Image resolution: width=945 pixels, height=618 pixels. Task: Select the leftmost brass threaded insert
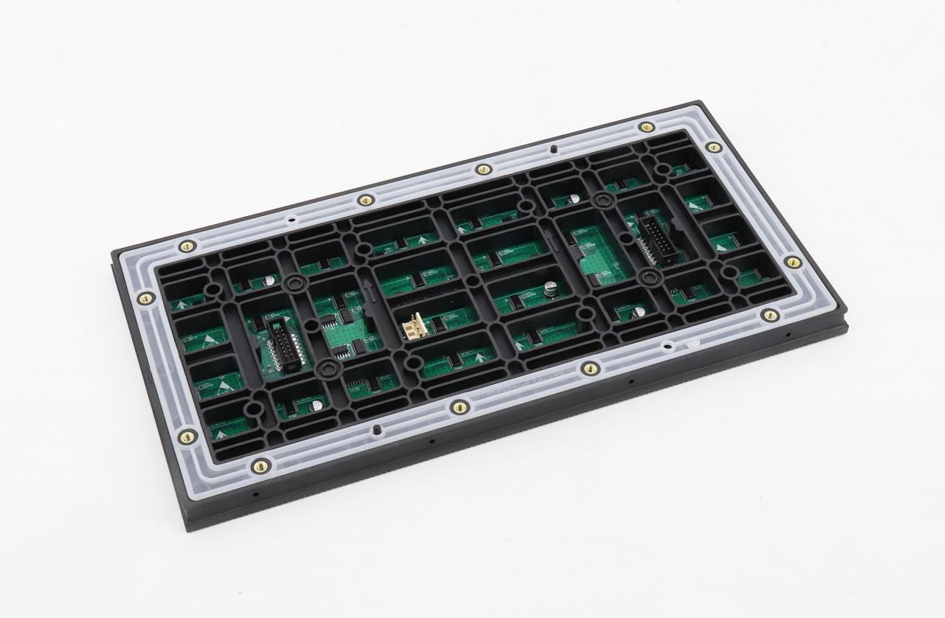pyautogui.click(x=145, y=299)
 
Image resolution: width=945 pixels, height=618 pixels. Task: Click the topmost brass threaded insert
pyautogui.click(x=647, y=128)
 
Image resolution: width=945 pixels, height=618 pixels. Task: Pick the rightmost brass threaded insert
pyautogui.click(x=792, y=262)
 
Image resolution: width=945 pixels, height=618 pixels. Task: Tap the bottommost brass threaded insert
pyautogui.click(x=260, y=465)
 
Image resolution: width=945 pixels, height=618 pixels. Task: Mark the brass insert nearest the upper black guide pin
pyautogui.click(x=484, y=170)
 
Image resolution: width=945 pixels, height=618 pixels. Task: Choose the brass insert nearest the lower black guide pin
pyautogui.click(x=459, y=406)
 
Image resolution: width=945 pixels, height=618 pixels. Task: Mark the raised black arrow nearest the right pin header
pyautogui.click(x=550, y=237)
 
